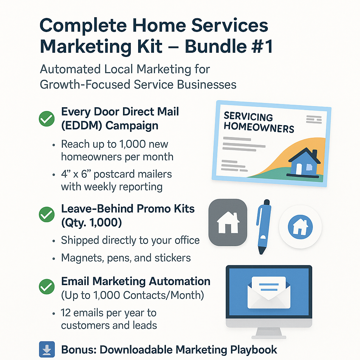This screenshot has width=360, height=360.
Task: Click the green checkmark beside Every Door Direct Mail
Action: (x=47, y=119)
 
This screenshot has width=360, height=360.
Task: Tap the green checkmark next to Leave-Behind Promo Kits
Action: (x=47, y=214)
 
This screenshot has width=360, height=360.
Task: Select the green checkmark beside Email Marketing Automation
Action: (x=47, y=287)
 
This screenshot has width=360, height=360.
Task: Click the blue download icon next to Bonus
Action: (x=47, y=349)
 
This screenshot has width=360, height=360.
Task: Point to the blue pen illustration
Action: (x=264, y=227)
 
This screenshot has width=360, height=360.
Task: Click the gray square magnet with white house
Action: (x=228, y=223)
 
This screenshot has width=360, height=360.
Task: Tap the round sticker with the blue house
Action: (x=300, y=227)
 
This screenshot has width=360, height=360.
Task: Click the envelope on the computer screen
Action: (x=269, y=292)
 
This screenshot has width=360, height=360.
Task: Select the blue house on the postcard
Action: (x=303, y=162)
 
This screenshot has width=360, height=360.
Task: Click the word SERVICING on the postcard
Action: (x=248, y=117)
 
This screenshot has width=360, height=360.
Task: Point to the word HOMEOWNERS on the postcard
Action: (x=259, y=127)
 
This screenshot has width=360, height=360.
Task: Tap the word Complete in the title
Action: (x=83, y=26)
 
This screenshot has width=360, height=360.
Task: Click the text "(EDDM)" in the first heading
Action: (x=82, y=126)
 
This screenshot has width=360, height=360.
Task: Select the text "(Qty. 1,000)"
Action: (x=91, y=223)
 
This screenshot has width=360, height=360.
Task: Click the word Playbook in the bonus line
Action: (x=253, y=350)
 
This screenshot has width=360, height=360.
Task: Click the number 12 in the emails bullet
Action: (x=65, y=313)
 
